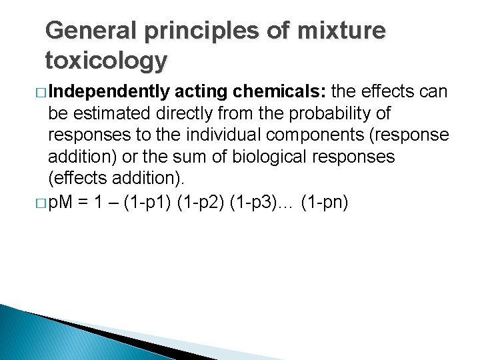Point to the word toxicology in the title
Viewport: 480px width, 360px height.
pyautogui.click(x=106, y=61)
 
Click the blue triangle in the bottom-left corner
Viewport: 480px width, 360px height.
pyautogui.click(x=40, y=333)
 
